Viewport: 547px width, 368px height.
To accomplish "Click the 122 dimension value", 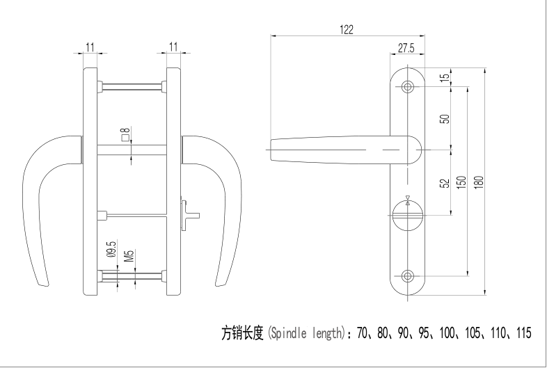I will [347, 29].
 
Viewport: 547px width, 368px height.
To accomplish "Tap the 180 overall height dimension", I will [477, 182].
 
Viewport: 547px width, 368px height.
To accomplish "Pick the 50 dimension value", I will [443, 118].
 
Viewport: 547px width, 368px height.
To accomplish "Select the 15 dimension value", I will [443, 77].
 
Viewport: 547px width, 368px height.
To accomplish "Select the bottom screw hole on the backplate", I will [407, 277].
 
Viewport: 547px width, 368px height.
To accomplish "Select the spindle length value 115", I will [522, 333].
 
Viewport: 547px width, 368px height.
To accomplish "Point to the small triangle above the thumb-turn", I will [407, 198].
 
